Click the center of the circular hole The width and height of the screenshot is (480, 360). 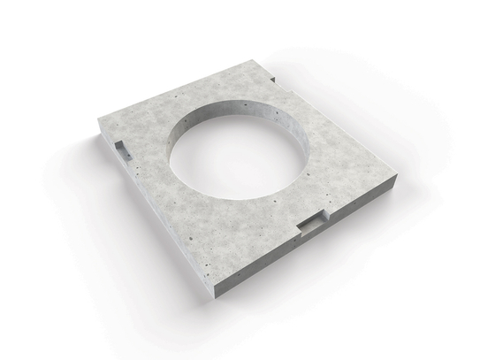pos(240,151)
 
